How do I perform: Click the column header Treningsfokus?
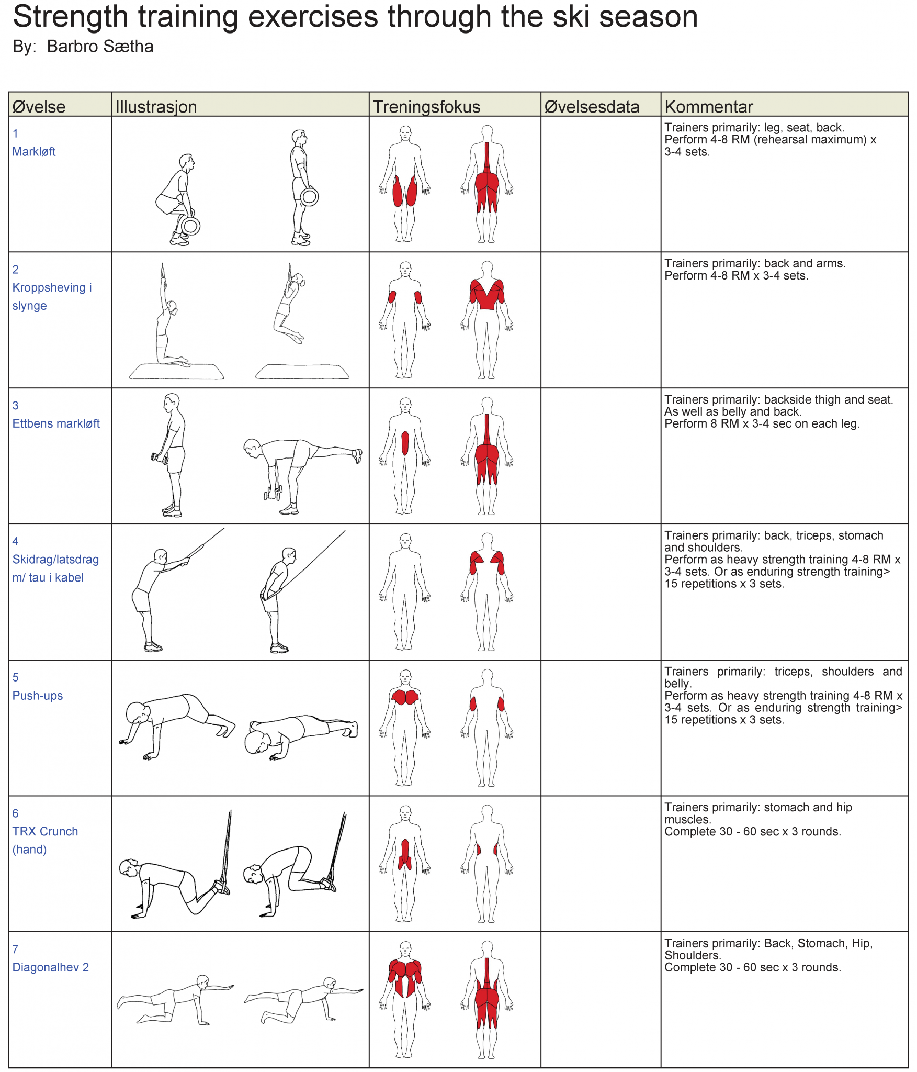[426, 107]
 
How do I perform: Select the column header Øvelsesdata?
[592, 107]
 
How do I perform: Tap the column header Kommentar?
[709, 107]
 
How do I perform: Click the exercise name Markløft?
[34, 152]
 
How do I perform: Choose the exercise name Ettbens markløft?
[56, 423]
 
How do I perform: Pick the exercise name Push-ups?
[38, 696]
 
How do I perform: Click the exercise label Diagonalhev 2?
[51, 967]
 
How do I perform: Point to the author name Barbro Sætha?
[100, 47]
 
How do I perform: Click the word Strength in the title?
[70, 17]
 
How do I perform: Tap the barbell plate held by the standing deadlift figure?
[309, 197]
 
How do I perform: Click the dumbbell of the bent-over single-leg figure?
[273, 493]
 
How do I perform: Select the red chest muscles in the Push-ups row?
[405, 697]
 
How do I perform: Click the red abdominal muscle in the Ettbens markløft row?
[405, 443]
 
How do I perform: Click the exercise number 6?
[16, 813]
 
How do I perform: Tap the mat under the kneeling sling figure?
[177, 371]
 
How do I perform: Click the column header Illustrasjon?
[156, 107]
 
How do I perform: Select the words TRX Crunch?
[45, 831]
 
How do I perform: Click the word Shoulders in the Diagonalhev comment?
[693, 955]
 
